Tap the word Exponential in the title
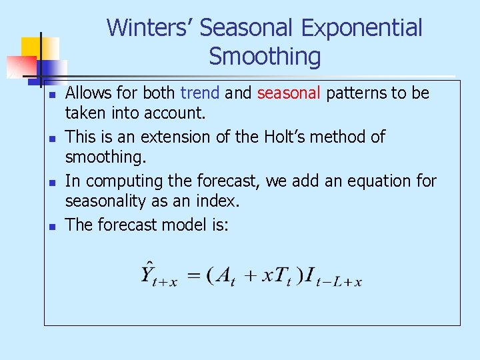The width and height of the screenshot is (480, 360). click(361, 28)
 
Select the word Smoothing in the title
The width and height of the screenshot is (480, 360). click(265, 57)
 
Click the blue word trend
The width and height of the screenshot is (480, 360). click(200, 93)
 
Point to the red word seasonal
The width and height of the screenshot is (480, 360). click(289, 93)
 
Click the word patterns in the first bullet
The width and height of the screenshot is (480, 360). click(356, 93)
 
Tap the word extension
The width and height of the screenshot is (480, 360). click(168, 137)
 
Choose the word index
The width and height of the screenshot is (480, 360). click(217, 201)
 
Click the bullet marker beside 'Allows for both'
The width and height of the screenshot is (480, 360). click(51, 94)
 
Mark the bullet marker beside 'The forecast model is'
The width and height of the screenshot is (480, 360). click(51, 226)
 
